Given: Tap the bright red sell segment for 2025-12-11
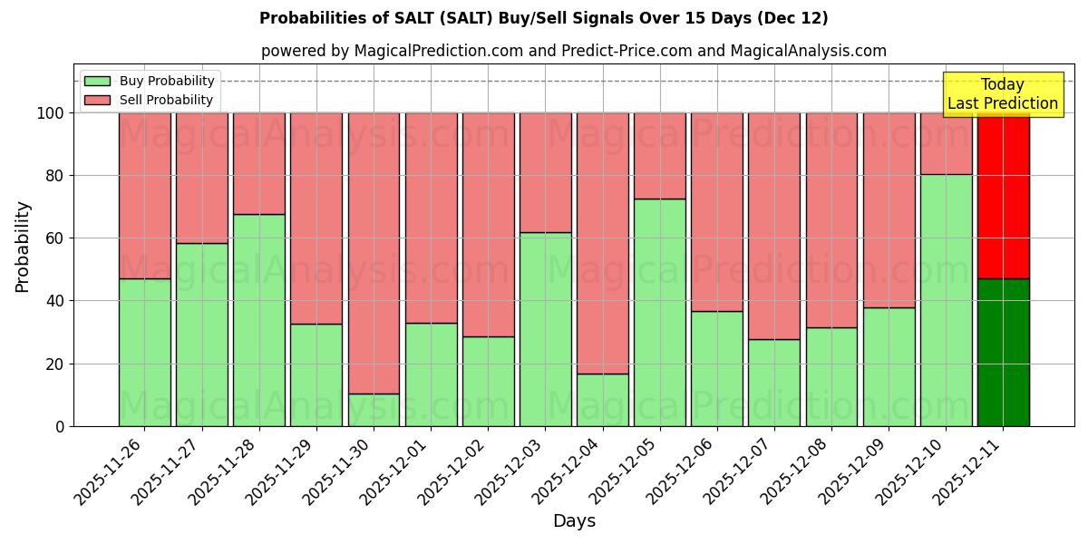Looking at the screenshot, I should (1003, 195).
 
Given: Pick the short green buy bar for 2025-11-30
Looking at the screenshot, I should (374, 410).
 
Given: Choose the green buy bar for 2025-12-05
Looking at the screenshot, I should (659, 312).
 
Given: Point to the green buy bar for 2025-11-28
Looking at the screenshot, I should (258, 319).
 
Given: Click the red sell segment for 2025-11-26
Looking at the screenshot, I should (144, 195).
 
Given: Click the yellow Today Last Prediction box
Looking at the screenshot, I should (1002, 94).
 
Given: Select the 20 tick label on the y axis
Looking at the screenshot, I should (55, 364).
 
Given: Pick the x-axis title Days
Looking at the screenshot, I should (574, 521).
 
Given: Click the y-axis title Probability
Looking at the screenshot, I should (23, 247).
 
